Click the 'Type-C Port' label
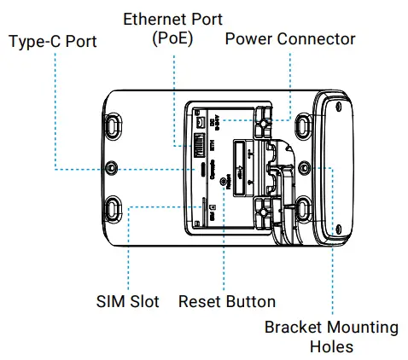pos(52,40)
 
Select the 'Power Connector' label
pos(290,39)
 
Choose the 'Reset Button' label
pos(227,301)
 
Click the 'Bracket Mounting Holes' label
pos(331,337)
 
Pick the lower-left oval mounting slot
pos(115,207)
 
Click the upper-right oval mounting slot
pos(300,125)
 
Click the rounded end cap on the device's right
pos(338,165)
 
